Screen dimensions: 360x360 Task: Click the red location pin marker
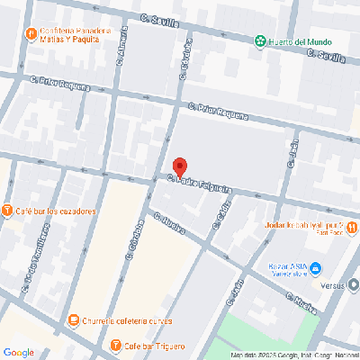pos(179,167)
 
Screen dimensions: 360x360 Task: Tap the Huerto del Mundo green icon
pos(260,40)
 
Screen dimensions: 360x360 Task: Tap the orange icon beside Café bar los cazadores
pos(7,211)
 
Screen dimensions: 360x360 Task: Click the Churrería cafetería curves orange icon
pos(73,319)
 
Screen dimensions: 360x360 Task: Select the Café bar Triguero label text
pos(155,346)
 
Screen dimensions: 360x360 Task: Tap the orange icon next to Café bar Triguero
pos(115,346)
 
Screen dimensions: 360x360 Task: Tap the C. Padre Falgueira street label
pos(201,184)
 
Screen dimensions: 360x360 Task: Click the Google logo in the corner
pos(18,352)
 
